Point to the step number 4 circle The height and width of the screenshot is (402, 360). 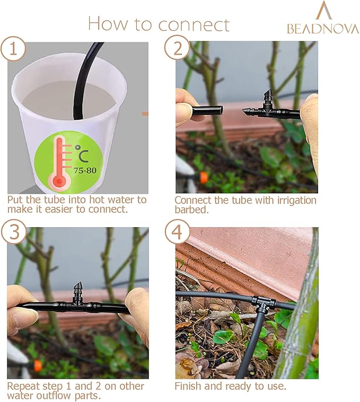(x=177, y=231)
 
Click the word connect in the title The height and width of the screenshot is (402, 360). (x=194, y=24)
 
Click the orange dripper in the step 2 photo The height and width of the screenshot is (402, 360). (x=203, y=177)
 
